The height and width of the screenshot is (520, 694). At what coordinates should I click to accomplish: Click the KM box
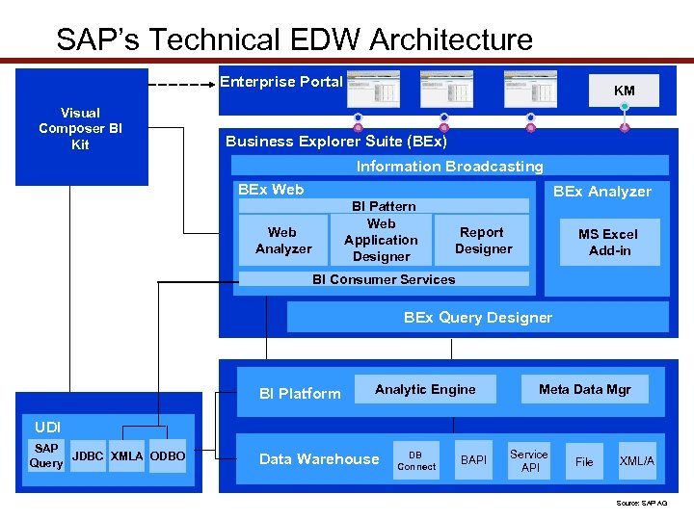[625, 91]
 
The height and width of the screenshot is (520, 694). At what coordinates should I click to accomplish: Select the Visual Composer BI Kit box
[81, 128]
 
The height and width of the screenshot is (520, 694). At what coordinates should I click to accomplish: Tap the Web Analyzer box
[283, 241]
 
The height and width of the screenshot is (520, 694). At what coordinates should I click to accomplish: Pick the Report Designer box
[483, 241]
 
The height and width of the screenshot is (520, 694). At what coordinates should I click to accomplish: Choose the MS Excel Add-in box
[608, 242]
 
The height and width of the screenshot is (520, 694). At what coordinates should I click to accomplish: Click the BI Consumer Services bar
[384, 279]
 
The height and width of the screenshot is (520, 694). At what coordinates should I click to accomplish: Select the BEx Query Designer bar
[477, 317]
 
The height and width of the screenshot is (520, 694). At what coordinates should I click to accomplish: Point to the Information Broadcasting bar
[449, 166]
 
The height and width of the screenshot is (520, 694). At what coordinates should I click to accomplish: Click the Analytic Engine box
[425, 389]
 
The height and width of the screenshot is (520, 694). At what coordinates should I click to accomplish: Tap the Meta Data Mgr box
[584, 389]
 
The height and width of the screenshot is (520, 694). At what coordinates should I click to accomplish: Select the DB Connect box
[416, 460]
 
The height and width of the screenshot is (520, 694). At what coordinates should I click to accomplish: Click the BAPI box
[473, 461]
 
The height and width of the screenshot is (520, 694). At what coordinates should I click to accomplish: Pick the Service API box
[529, 461]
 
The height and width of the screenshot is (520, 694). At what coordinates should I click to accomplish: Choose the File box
[584, 461]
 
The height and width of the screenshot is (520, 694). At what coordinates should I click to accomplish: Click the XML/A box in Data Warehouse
[636, 461]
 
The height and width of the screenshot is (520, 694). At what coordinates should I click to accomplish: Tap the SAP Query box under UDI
[46, 455]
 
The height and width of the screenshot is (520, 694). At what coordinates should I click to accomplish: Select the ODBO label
[168, 455]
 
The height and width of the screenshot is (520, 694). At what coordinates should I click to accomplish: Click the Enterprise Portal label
[280, 82]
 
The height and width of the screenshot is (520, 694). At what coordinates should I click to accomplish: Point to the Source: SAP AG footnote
[641, 503]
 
